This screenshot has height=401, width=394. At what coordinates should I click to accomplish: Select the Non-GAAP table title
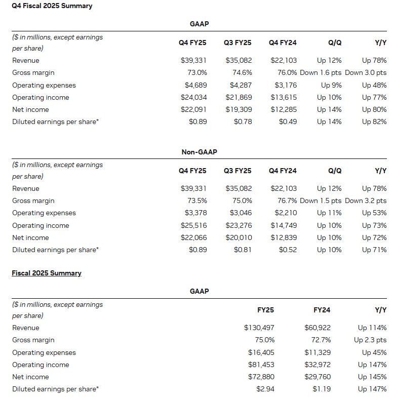click(x=199, y=152)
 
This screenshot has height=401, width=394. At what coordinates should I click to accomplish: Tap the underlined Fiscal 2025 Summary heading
click(x=47, y=273)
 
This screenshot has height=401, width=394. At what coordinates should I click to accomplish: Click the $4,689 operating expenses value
click(x=194, y=85)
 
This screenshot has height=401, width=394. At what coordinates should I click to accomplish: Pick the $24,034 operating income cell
click(x=194, y=97)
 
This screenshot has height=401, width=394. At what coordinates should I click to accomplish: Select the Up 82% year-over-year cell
click(x=374, y=122)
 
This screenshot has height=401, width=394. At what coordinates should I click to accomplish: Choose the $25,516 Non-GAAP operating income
click(x=194, y=225)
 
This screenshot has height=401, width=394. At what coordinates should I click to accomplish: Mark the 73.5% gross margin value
click(x=197, y=200)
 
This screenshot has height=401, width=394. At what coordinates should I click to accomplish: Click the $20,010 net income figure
click(x=239, y=237)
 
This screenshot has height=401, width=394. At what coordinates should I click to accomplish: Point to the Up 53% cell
click(x=374, y=213)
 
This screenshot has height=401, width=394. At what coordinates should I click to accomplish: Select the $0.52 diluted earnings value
click(x=288, y=250)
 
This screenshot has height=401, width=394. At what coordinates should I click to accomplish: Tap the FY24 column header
click(x=322, y=310)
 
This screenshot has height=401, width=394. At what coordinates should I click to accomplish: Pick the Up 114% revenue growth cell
click(x=372, y=328)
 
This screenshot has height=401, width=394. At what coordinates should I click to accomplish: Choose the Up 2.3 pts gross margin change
click(x=370, y=340)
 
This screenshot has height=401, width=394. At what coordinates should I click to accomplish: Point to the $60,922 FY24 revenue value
click(x=318, y=328)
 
